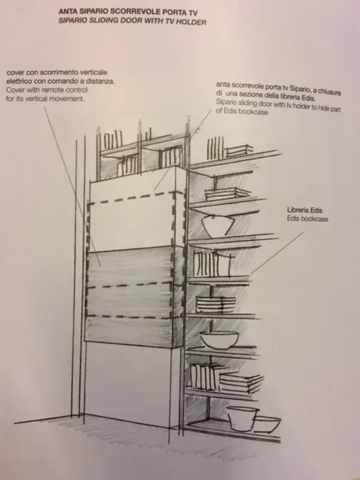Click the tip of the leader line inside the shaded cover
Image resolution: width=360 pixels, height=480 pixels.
click(101, 267)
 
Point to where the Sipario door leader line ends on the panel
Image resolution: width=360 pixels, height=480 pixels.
click(154, 190)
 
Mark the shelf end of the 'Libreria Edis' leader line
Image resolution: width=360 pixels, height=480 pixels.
click(251, 274)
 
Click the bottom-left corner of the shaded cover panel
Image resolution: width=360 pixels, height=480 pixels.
click(85, 341)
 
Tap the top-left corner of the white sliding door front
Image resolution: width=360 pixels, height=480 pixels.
click(90, 182)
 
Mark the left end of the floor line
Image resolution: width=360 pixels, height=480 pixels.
click(14, 424)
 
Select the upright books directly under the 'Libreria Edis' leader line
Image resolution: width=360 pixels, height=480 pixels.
click(211, 264)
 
